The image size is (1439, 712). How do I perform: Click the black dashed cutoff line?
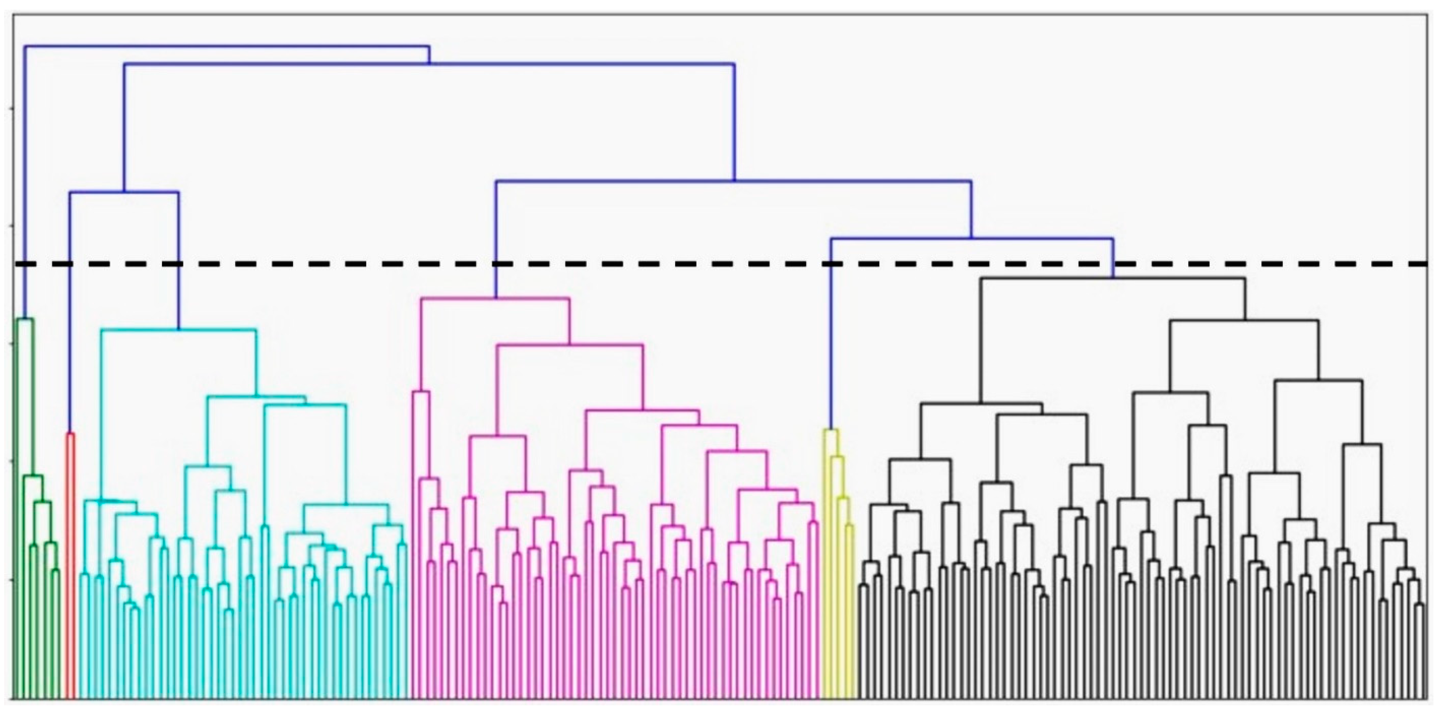coord(670,263)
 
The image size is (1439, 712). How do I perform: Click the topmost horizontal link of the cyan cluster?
coord(179,330)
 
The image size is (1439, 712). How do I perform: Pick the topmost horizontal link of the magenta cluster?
coord(495,299)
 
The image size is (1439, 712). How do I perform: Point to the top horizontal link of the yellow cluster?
coord(831,430)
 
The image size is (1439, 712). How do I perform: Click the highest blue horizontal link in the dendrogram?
coord(224,46)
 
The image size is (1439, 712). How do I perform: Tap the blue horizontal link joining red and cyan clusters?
coord(124,192)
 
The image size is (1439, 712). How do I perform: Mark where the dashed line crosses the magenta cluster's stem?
coord(495,263)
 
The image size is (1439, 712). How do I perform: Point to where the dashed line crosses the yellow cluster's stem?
coord(831,263)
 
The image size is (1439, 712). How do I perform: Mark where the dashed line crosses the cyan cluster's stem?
coord(179,263)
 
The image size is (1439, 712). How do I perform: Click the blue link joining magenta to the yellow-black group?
coord(734,181)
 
